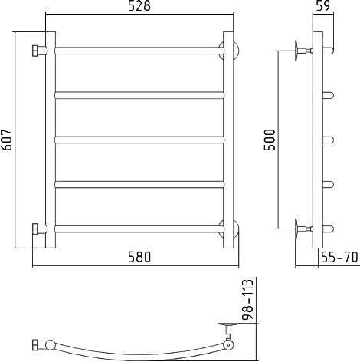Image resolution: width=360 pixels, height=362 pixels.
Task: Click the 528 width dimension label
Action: pos(139,6)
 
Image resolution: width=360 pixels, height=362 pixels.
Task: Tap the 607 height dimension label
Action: pos(6,140)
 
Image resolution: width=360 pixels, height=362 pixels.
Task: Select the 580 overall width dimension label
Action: pos(139,257)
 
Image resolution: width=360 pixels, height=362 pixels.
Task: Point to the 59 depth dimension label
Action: pos(323,5)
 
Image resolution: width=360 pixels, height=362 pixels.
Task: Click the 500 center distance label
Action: pos(270,140)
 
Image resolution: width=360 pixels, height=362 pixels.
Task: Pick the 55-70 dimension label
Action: pos(340,257)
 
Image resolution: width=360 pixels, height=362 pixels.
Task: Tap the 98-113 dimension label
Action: pos(247,299)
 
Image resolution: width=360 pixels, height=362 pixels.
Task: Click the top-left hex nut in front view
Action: pos(35,51)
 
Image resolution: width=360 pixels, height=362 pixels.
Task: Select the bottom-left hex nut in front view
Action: pos(35,229)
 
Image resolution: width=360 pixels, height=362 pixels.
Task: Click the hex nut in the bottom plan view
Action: pos(35,345)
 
